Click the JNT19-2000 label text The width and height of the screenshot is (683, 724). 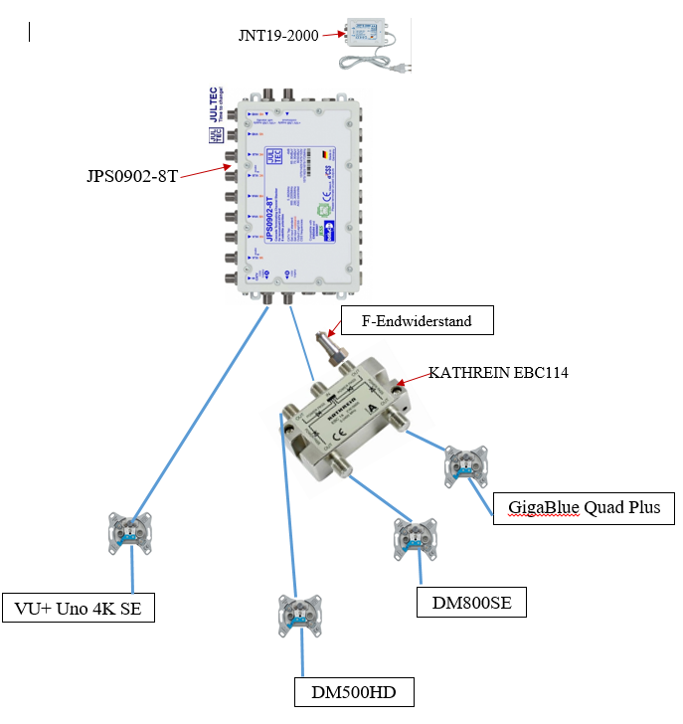[278, 35]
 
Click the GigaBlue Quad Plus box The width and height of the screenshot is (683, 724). [584, 507]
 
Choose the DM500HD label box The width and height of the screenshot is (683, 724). [354, 691]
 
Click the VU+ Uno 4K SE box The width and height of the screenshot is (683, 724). [79, 607]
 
